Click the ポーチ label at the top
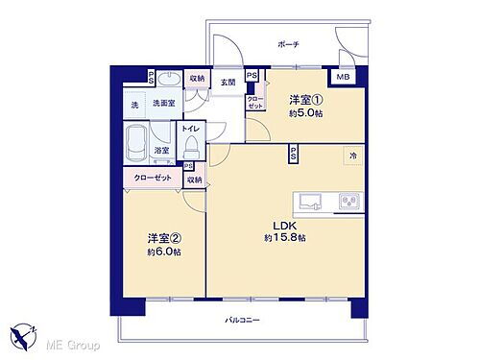coord(289,45)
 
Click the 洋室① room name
coord(302,96)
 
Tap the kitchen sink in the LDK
coord(311,202)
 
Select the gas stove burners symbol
coord(348,202)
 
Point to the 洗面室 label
coord(162,103)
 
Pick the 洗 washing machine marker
coord(134,104)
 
